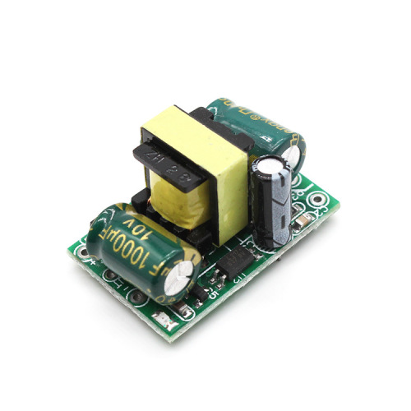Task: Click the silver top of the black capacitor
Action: pos(275,164)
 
